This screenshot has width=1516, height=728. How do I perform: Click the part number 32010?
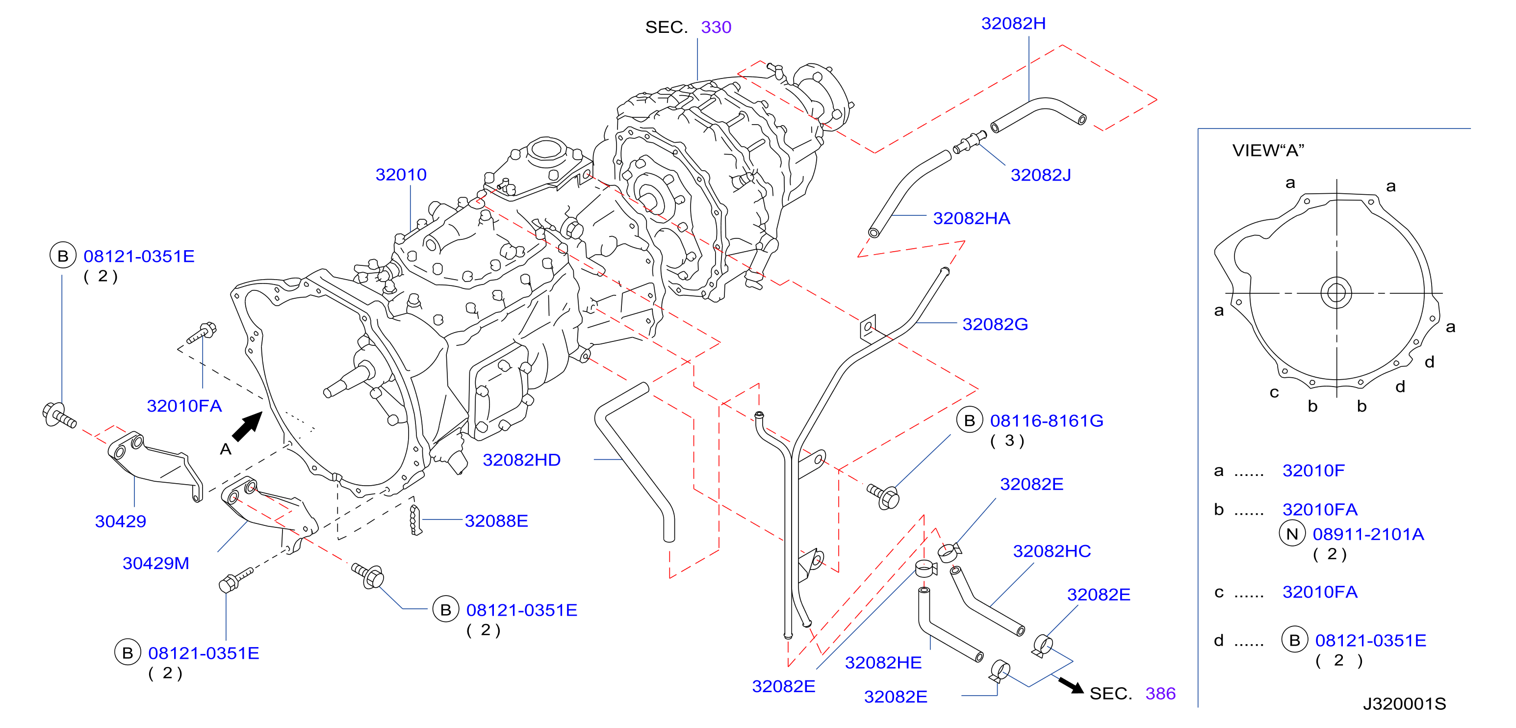(x=401, y=175)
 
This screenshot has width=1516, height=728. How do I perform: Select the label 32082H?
(x=1013, y=24)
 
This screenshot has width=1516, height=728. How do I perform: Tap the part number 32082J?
(x=1040, y=176)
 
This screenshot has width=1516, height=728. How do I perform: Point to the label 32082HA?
(x=971, y=219)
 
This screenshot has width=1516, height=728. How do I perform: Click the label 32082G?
(x=995, y=324)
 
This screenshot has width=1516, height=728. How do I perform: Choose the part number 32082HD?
(x=521, y=460)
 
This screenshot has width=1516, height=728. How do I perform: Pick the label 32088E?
(x=496, y=521)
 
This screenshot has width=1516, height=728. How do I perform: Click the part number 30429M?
(x=155, y=563)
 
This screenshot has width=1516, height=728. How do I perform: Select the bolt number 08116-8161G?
(x=1046, y=421)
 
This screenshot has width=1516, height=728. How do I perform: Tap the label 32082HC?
(x=1052, y=551)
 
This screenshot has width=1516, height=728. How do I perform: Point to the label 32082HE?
(x=883, y=663)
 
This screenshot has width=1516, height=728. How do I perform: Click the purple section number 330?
(x=716, y=27)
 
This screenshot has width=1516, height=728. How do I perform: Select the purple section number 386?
(x=1160, y=694)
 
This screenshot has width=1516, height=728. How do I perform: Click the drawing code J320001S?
(x=1404, y=704)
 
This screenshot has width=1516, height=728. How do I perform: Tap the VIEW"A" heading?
(x=1268, y=151)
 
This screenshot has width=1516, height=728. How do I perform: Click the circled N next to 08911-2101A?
(x=1292, y=534)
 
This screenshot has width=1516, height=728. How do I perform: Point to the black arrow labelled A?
(x=247, y=426)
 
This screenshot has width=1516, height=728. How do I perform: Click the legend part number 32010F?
(x=1313, y=471)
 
